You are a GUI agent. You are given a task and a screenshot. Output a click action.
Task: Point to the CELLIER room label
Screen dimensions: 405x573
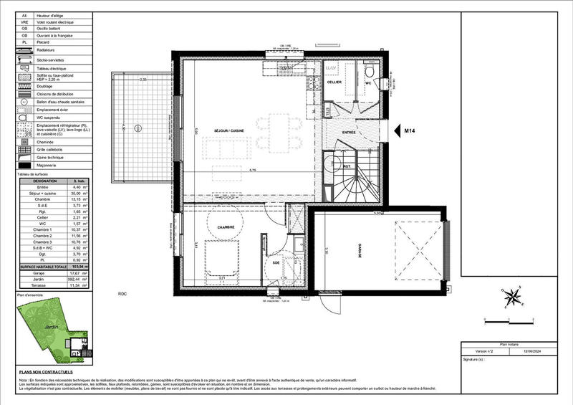(334, 82)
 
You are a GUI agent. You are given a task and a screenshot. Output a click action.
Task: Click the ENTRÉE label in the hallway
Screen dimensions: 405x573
(349, 133)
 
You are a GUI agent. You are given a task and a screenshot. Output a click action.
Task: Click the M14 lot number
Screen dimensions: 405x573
(410, 131)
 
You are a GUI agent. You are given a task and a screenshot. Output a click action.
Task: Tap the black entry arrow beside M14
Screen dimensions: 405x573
(393, 131)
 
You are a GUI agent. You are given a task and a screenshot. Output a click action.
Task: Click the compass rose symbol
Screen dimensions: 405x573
(513, 296)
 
